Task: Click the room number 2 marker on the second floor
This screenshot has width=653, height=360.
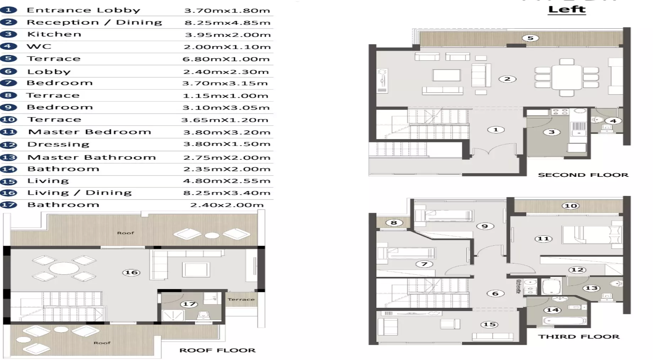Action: click(507, 79)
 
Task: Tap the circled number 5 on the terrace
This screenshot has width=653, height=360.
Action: click(530, 38)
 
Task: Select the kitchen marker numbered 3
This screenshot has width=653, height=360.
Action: click(551, 132)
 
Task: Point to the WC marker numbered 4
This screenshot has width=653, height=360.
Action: click(613, 121)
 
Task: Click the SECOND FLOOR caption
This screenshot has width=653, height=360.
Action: click(583, 175)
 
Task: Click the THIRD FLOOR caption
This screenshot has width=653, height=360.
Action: click(578, 337)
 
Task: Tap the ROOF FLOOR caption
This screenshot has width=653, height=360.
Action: click(217, 350)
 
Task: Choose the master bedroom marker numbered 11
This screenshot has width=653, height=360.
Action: click(543, 239)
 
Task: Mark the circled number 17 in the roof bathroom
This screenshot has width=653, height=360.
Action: click(189, 304)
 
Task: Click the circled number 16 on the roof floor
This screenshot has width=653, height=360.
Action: click(131, 272)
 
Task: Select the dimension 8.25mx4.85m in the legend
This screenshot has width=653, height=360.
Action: click(227, 23)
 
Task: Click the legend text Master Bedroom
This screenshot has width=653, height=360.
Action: click(90, 132)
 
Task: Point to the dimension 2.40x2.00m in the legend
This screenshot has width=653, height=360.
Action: click(227, 205)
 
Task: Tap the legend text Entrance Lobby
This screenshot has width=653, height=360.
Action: click(83, 10)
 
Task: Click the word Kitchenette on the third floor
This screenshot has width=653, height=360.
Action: click(518, 286)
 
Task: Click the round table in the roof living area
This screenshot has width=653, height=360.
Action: click(64, 268)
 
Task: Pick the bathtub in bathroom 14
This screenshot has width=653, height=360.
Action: click(565, 321)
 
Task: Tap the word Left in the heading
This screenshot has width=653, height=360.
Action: click(567, 9)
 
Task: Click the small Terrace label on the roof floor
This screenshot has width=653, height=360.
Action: click(241, 299)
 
